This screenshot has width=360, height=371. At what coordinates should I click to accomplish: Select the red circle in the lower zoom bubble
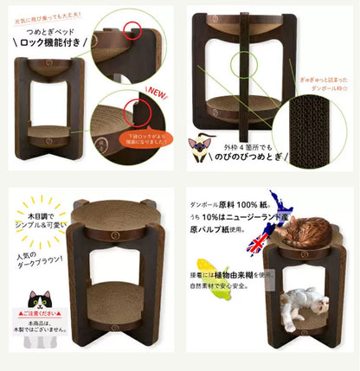coord(135,111)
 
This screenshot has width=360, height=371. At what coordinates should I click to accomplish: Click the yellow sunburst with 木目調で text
coord(42,217)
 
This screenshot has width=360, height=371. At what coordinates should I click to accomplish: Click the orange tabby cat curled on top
coord(305,231)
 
